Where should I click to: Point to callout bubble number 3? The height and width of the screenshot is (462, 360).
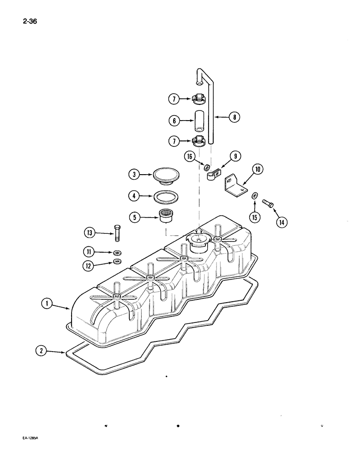point(134,175)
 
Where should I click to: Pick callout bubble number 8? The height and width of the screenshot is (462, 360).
point(234,117)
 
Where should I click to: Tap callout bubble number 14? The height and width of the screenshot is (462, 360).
point(281,222)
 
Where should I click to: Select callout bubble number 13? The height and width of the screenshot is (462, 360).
point(90,233)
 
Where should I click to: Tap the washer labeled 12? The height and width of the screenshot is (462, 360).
point(117,262)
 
